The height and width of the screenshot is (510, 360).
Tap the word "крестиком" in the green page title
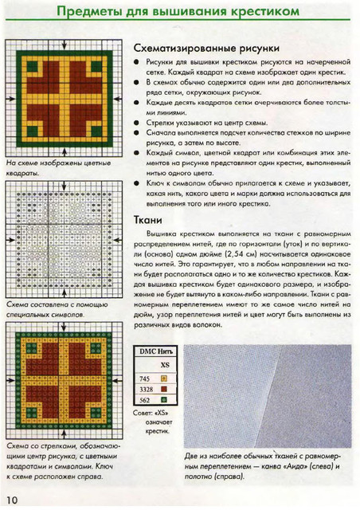[x=262, y=12]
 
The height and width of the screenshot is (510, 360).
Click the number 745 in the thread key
[x=144, y=378]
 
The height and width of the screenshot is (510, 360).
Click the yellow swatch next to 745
[x=165, y=378]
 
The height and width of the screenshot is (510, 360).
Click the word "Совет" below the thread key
[x=141, y=414]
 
